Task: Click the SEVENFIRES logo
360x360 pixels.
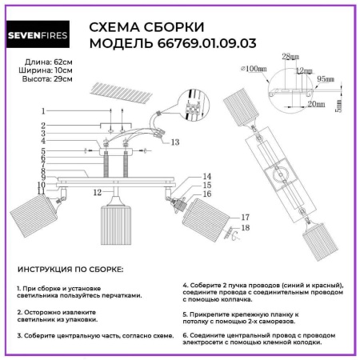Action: pyautogui.click(x=45, y=34)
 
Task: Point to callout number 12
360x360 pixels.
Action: pyautogui.click(x=95, y=193)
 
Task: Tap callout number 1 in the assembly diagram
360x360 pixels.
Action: pyautogui.click(x=42, y=110)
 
